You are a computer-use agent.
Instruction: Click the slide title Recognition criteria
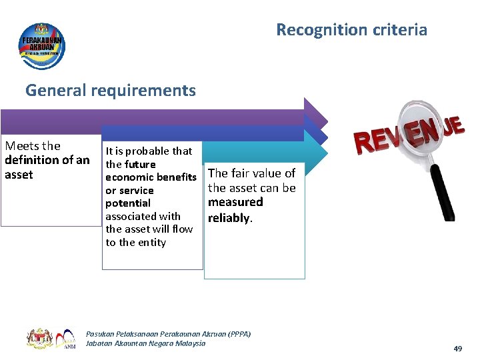[351, 30]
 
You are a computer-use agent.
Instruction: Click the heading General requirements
[111, 90]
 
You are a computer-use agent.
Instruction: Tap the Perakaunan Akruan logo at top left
[42, 45]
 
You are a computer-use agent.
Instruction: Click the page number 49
[457, 349]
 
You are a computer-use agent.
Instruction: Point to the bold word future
[140, 164]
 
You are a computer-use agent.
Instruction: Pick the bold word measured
[235, 202]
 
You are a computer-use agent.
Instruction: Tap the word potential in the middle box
[128, 203]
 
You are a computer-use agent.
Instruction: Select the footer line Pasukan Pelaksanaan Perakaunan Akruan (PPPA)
[168, 333]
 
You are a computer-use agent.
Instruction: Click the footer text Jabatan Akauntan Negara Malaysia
[146, 343]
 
